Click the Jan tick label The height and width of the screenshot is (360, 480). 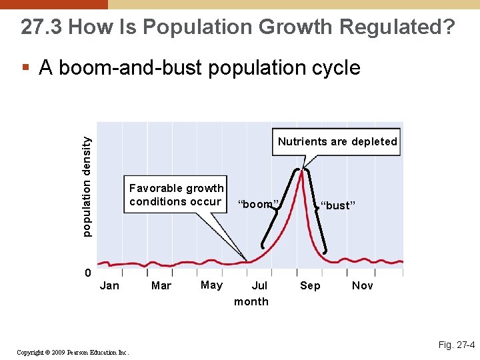109,286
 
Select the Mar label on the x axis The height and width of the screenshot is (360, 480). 161,286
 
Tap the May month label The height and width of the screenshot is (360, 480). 211,285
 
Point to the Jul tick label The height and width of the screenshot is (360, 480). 259,286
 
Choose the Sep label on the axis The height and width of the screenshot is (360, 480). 310,286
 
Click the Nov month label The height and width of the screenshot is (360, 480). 362,286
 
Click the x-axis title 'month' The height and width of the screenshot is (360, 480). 251,302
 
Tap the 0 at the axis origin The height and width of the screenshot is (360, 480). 88,273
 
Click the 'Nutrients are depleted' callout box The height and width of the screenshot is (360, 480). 337,142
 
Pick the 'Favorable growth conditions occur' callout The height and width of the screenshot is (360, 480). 176,195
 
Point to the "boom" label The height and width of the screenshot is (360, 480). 258,205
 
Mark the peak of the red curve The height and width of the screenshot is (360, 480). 303,171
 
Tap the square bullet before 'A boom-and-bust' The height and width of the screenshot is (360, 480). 25,68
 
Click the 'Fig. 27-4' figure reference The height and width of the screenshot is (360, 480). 456,345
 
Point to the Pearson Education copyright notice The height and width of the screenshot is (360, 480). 73,352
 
